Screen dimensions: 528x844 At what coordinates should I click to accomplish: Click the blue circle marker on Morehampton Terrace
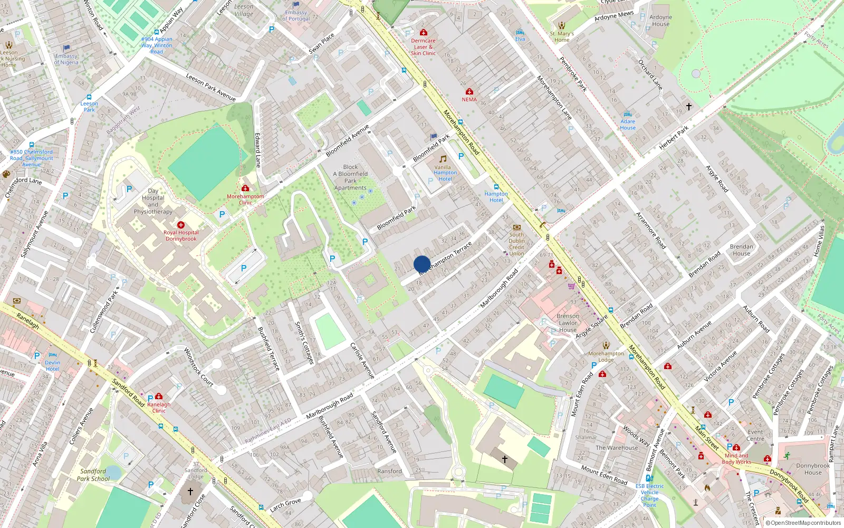422,264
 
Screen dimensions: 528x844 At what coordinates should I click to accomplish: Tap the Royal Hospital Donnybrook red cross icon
181,225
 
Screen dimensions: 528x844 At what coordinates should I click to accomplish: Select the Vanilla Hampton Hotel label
445,173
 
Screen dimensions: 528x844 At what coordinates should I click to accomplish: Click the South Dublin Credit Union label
516,244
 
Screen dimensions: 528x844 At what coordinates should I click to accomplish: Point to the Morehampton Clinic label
245,199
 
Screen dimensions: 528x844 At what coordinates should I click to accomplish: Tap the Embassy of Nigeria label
66,59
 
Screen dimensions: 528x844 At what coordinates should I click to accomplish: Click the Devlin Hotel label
52,365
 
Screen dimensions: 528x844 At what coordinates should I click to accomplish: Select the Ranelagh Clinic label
159,407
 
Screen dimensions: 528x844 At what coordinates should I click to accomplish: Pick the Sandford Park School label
93,475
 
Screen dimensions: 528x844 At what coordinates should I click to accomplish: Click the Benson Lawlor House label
568,323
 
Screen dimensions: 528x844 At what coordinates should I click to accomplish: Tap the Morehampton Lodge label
606,356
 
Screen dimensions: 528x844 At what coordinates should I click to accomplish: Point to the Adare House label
628,124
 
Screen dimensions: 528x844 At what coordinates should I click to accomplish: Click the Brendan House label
741,250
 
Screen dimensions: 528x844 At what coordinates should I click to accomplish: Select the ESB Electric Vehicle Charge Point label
649,495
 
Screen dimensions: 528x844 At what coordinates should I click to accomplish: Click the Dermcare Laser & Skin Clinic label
423,46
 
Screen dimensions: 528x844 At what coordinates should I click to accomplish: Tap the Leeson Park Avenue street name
210,87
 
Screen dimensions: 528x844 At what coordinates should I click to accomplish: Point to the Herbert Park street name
674,138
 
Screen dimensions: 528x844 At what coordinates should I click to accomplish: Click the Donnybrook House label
813,469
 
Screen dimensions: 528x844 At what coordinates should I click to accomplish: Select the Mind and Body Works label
736,458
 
